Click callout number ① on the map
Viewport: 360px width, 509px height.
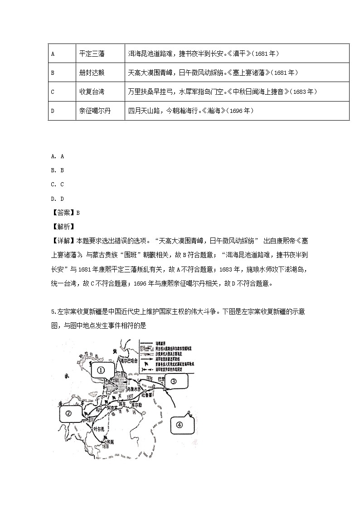pyautogui.click(x=101, y=369)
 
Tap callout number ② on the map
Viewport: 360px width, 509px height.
pyautogui.click(x=68, y=413)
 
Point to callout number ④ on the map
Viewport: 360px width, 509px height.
pyautogui.click(x=179, y=425)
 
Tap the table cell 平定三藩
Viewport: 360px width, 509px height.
pyautogui.click(x=92, y=53)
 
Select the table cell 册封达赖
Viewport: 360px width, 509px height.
pyautogui.click(x=92, y=73)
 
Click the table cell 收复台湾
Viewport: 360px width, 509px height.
pyautogui.click(x=92, y=92)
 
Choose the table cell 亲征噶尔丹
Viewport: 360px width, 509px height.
pyautogui.click(x=95, y=111)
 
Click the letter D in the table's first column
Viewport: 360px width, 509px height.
pyautogui.click(x=53, y=111)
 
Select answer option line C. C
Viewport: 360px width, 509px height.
pyautogui.click(x=58, y=184)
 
